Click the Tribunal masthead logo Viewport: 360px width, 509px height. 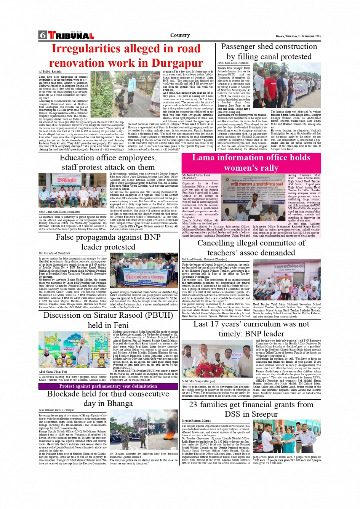click(x=71, y=36)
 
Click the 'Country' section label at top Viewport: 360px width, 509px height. click(x=180, y=35)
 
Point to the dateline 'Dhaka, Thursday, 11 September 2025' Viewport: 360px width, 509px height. click(x=298, y=36)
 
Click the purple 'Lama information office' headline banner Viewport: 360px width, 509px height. click(x=251, y=162)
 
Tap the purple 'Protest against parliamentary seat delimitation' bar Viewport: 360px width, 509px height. click(x=108, y=386)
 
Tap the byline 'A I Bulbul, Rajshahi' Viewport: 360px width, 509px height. click(x=50, y=72)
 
